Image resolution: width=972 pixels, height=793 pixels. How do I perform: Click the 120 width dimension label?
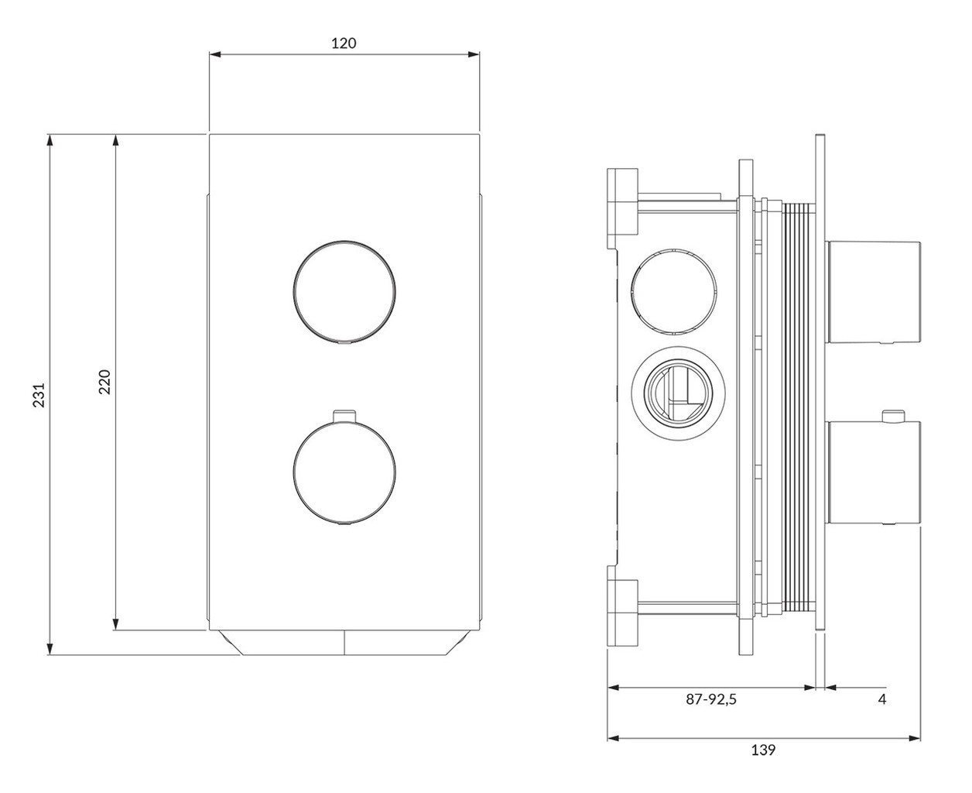click(x=344, y=43)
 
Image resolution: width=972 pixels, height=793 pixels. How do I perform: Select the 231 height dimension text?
click(x=39, y=394)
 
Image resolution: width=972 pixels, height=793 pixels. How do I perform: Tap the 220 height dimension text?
click(x=104, y=382)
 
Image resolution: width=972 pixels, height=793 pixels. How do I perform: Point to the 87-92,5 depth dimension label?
click(x=711, y=699)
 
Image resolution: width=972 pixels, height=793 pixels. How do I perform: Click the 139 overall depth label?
click(x=763, y=750)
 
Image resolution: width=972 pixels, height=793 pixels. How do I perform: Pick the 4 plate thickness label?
click(x=881, y=699)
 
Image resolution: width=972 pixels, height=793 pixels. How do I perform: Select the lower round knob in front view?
click(x=344, y=473)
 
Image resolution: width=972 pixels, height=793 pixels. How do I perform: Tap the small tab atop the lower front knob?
click(x=344, y=415)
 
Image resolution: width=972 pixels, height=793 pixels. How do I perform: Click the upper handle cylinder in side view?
click(x=873, y=292)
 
